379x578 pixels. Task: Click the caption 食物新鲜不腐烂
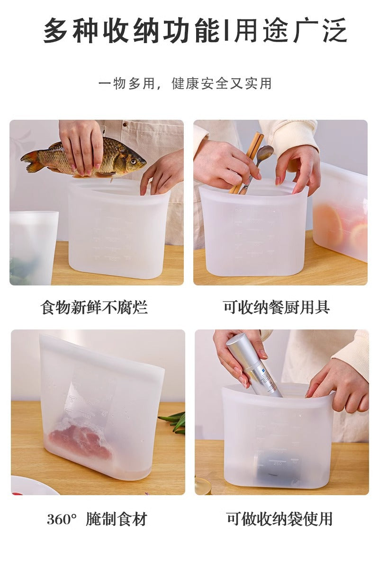pyautogui.click(x=94, y=307)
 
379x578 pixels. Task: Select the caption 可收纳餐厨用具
pyautogui.click(x=276, y=307)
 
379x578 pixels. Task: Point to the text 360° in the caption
pyautogui.click(x=62, y=519)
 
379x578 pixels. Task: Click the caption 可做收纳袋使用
pyautogui.click(x=279, y=519)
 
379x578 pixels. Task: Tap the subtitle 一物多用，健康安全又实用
pyautogui.click(x=185, y=84)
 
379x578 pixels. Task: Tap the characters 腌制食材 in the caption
pyautogui.click(x=117, y=519)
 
